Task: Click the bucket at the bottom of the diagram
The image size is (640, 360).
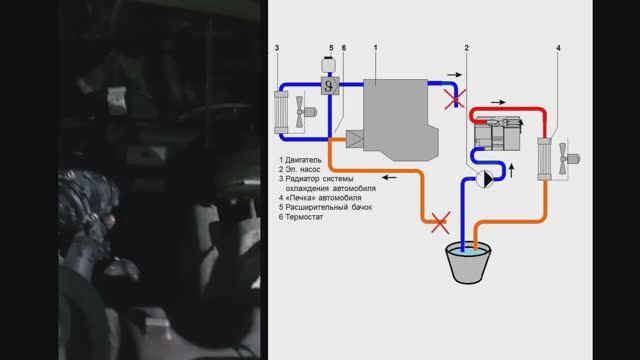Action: (468, 263)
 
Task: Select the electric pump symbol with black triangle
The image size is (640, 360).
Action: (484, 179)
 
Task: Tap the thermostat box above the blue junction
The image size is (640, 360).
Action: (330, 86)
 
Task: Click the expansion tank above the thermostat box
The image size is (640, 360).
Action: (328, 64)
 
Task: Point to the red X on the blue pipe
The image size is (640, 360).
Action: (454, 99)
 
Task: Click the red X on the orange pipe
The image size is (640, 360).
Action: (441, 223)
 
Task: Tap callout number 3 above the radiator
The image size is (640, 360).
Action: (277, 48)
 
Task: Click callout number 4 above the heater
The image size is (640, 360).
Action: (558, 48)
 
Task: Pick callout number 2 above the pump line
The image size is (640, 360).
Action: (467, 48)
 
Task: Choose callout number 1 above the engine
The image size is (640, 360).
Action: (376, 48)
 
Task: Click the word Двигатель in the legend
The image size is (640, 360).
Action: (303, 160)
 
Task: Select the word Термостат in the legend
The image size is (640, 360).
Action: (304, 217)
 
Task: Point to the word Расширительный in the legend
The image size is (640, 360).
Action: (314, 207)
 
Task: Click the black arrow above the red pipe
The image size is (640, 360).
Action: (498, 102)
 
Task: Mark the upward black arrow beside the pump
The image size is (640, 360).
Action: (511, 171)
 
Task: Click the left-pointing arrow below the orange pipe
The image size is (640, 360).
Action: (389, 178)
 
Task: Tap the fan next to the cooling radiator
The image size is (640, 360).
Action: (304, 111)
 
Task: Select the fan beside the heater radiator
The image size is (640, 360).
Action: (568, 158)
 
